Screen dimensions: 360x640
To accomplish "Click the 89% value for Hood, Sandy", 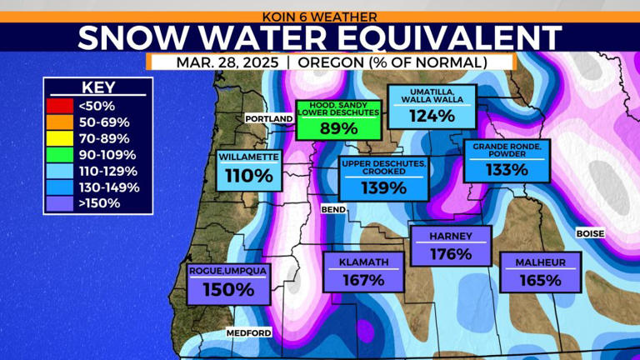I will tap(338, 128).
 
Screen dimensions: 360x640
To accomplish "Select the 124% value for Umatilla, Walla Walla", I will tap(432, 116).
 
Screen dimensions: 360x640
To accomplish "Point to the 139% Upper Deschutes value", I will tap(384, 188).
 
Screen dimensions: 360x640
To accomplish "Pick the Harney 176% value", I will tap(451, 253).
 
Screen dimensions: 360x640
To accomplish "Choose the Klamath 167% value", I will tap(362, 280).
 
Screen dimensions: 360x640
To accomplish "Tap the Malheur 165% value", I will tap(541, 281).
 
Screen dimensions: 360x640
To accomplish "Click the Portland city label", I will tap(269, 119).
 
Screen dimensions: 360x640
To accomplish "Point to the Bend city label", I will tap(332, 209).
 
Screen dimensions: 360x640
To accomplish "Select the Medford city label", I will tap(248, 333).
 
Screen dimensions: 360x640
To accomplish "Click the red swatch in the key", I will tap(61, 106).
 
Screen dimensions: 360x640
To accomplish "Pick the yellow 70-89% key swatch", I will tap(61, 139).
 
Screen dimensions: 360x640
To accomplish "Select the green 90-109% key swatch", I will tap(61, 155).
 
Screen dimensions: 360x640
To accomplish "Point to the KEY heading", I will tap(98, 87).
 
